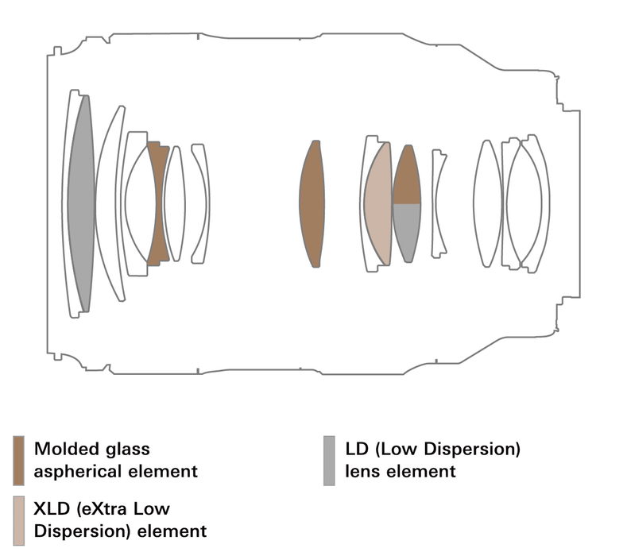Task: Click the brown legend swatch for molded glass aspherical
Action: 18,460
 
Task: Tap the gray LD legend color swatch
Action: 329,460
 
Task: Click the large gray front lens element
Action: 79,203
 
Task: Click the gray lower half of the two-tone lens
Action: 407,230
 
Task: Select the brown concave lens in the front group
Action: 158,204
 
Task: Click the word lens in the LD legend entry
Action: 363,471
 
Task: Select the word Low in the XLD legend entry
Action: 154,509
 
